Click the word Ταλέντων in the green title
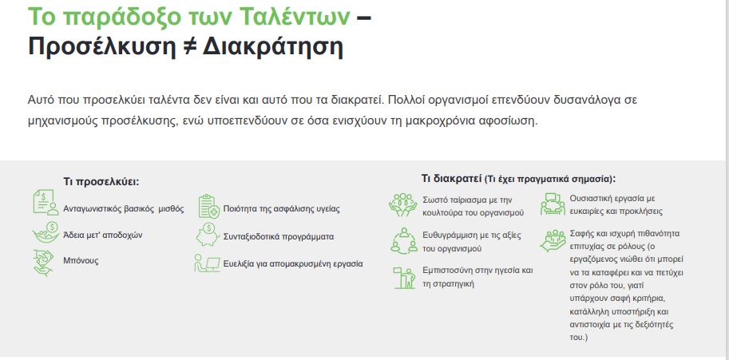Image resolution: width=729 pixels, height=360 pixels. [x=295, y=18]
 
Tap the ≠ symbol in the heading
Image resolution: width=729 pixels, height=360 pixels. [x=189, y=46]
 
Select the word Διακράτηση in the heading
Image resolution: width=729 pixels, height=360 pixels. [x=273, y=47]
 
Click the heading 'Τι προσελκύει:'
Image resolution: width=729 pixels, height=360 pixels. [x=101, y=182]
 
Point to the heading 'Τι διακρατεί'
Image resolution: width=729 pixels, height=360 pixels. [x=451, y=179]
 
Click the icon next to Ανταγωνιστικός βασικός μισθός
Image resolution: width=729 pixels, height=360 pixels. [x=46, y=203]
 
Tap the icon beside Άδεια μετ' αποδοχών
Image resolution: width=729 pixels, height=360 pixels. [x=46, y=231]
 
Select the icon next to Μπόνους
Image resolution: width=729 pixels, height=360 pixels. [x=44, y=263]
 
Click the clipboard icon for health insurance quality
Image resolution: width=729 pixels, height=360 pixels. [x=208, y=206]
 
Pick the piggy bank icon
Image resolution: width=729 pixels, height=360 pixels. [x=208, y=234]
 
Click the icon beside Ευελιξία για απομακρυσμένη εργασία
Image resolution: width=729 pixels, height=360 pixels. [x=207, y=263]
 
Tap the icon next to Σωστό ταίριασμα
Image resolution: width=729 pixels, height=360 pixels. [x=402, y=205]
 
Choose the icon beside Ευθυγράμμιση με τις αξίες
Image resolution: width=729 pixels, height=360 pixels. [x=403, y=240]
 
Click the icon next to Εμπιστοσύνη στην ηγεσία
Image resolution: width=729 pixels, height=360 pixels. [x=404, y=278]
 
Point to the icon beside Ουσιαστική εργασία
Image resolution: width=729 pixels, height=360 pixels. [x=553, y=204]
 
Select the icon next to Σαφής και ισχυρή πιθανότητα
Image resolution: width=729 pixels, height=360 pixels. [x=553, y=240]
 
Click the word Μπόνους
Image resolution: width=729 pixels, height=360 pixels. [x=81, y=260]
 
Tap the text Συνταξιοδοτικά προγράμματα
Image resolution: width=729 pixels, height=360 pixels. [x=279, y=236]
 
